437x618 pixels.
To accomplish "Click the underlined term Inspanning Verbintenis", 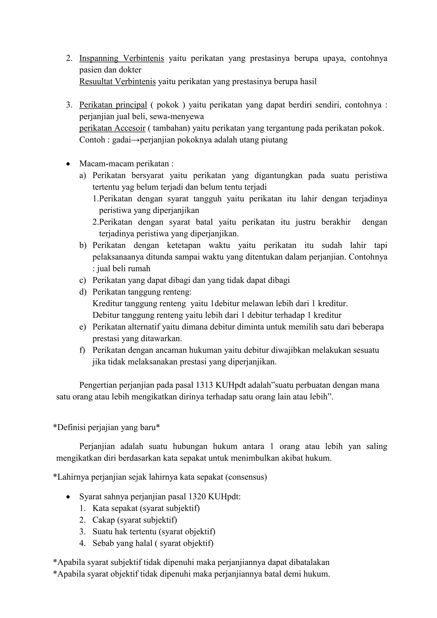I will (x=121, y=58).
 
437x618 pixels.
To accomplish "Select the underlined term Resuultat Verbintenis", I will (x=117, y=82).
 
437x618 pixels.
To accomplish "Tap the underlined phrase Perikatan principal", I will (x=113, y=105).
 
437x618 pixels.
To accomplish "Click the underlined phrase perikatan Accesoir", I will (x=112, y=128).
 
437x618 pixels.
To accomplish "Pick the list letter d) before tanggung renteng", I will (x=83, y=292).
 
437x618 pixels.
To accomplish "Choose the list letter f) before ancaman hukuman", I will (x=82, y=350).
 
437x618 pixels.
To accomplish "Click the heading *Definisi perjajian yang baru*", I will (x=106, y=428).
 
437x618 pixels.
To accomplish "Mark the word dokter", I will (x=130, y=70).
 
